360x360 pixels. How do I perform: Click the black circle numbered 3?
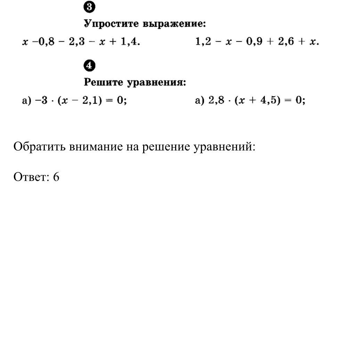pos(90,7)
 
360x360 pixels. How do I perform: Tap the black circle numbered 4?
pos(90,65)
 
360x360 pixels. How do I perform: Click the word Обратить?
pos(39,147)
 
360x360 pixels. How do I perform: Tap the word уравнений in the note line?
pos(224,147)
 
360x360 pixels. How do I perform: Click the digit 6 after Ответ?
pos(56,177)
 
